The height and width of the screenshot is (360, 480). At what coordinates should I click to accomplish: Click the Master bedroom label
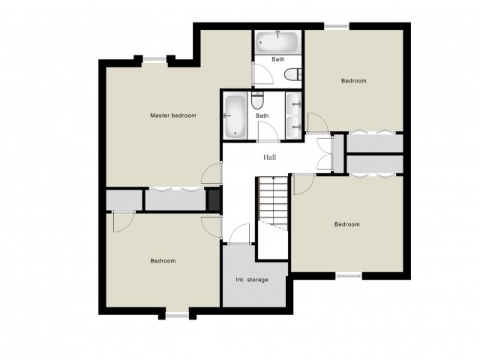pos(173,115)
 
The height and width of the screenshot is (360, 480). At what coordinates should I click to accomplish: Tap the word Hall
pos(270,157)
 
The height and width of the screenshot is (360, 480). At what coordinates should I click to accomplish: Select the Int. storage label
pos(252,280)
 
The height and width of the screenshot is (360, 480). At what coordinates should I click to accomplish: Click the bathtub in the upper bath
pos(277,42)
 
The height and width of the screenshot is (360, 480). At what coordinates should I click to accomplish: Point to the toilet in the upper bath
pos(292,74)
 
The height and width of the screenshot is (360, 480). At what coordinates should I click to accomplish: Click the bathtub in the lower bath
pos(235,116)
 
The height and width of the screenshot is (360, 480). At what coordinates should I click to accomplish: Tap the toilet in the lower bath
pos(257,100)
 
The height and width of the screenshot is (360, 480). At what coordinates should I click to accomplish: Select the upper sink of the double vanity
pos(294,103)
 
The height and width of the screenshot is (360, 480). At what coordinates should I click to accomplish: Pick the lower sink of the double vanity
pos(294,127)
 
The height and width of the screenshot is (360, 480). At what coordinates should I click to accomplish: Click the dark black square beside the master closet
pos(214,199)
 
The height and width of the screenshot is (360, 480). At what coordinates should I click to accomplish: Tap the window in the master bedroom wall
pos(155,59)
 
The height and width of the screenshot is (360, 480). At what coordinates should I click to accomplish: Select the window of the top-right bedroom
pos(337,26)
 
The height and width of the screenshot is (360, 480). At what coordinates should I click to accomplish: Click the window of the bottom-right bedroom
pos(349,276)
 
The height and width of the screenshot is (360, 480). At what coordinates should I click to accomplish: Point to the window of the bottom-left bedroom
pos(177,315)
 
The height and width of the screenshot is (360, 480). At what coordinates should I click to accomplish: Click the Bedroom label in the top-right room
pos(353,81)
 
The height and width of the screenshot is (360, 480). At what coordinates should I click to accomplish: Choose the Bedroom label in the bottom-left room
pos(163,261)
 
